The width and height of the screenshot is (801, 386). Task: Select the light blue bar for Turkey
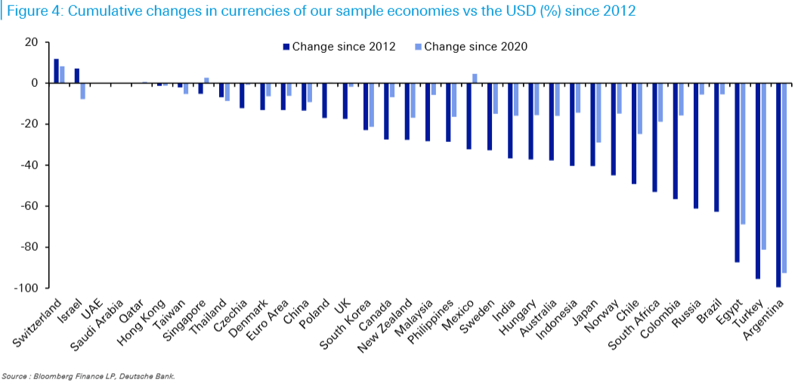pos(763,166)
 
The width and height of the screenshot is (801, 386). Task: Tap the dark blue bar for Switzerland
pos(57,71)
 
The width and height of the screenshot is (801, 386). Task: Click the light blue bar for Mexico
pos(475,79)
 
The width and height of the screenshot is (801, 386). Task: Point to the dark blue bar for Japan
pos(592,124)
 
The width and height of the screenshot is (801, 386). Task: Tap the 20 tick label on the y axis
pos(31,42)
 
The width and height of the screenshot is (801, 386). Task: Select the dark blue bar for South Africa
pos(654,137)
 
